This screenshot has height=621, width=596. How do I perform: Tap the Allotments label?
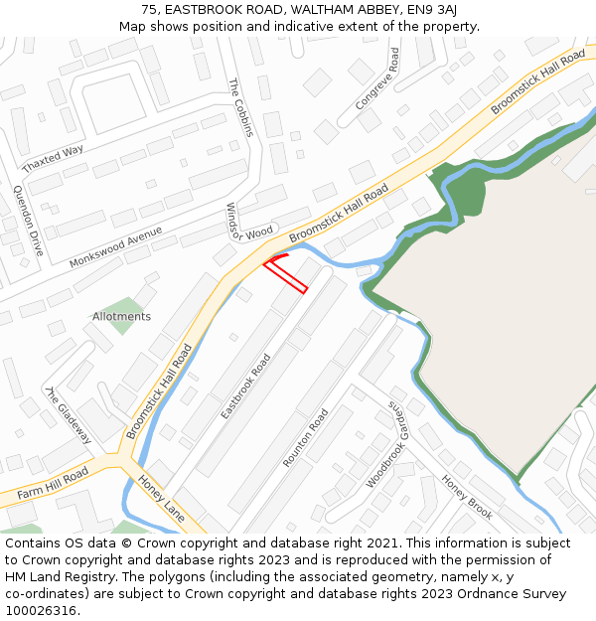click(x=121, y=317)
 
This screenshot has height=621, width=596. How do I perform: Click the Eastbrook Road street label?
click(x=245, y=387)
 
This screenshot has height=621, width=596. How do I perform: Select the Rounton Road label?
click(x=305, y=437)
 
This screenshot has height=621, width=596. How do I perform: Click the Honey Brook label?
click(x=467, y=497)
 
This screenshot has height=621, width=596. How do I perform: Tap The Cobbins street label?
click(x=241, y=108)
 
